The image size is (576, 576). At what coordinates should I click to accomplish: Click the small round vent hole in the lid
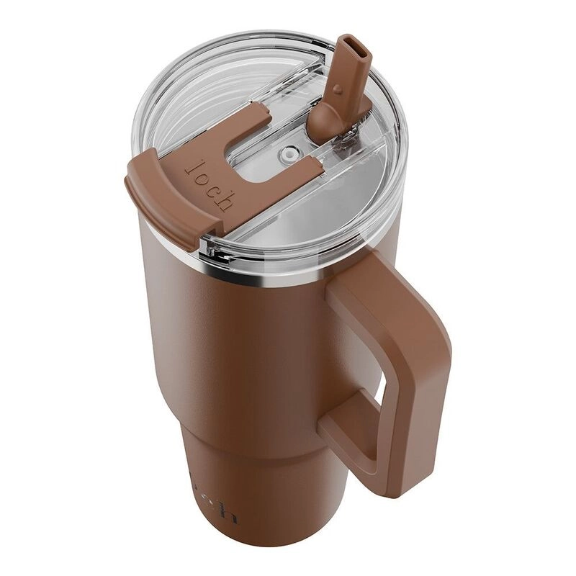[290, 153]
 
